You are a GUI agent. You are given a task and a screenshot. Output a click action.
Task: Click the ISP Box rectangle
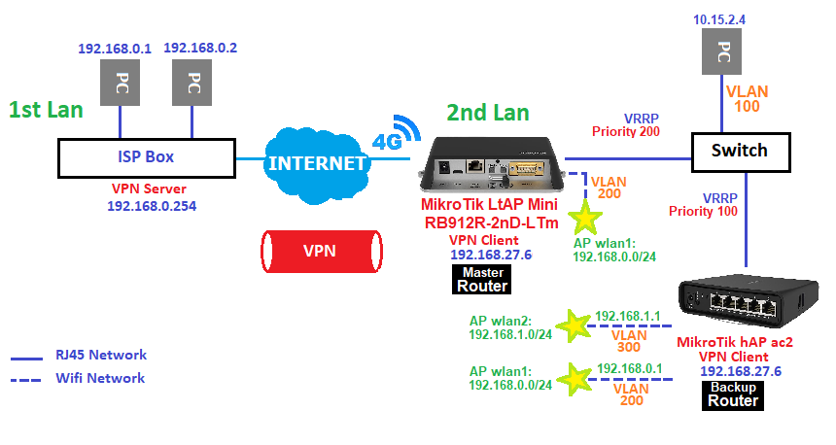(145, 156)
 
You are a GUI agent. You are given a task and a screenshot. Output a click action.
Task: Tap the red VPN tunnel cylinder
(319, 251)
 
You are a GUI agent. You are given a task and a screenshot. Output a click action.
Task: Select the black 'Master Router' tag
(483, 280)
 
